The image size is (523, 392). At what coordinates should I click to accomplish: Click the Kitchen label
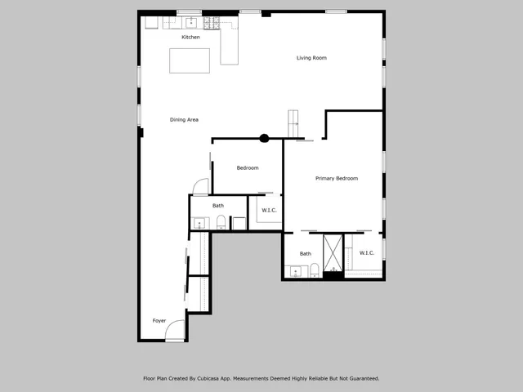190,38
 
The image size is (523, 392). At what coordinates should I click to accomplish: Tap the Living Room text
311,58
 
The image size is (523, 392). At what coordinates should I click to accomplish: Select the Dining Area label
184,120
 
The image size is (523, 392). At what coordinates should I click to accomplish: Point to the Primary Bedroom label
337,178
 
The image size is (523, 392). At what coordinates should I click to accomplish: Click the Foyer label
159,321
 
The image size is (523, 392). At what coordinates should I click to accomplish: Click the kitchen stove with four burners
212,23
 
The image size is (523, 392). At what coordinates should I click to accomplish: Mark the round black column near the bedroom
264,139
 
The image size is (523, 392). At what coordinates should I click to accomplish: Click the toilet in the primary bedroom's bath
314,271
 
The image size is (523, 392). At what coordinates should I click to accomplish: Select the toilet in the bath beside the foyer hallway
221,222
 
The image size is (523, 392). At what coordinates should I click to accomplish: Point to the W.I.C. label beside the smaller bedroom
269,211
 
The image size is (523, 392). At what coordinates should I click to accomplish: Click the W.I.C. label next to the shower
367,253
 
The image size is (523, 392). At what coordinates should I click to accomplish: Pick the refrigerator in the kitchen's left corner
151,23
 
